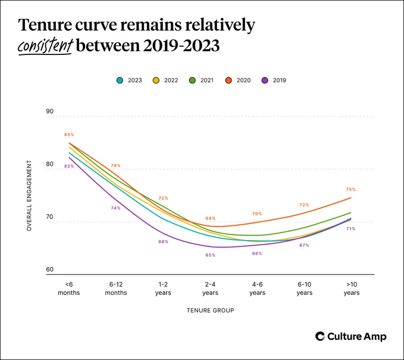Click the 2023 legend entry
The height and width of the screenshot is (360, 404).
[x=129, y=80]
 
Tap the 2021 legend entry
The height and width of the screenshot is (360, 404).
[x=202, y=80]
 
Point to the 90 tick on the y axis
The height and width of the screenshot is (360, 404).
[x=50, y=111]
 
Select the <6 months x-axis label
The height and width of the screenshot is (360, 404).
[x=69, y=289]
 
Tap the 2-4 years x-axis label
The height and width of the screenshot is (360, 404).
[x=210, y=289]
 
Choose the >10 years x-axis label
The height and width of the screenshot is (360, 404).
[x=351, y=289]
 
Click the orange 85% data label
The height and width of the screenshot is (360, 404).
[x=69, y=135]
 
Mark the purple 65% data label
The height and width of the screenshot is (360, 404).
[x=210, y=255]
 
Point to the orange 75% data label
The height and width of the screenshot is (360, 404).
[x=351, y=189]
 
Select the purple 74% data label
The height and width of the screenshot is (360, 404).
[x=116, y=208]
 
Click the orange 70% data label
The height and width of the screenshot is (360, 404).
[x=257, y=214]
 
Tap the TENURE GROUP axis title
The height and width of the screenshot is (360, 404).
[x=211, y=310]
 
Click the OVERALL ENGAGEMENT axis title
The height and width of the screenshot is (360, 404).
[x=30, y=195]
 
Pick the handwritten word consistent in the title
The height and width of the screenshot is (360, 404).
[x=45, y=46]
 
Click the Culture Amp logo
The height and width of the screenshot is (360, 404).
[x=351, y=336]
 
